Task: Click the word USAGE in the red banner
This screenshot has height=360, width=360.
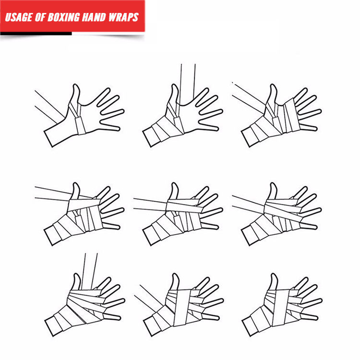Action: point(19,17)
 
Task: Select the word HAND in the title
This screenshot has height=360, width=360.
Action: point(94,17)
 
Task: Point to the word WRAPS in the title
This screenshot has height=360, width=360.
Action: point(123,17)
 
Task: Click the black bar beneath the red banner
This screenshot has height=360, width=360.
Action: point(36,34)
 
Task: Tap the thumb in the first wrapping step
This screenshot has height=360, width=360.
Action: point(76,94)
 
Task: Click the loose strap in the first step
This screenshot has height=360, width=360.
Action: point(49,107)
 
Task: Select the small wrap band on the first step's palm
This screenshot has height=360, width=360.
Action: point(80,125)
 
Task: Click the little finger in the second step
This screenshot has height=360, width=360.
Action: point(208,127)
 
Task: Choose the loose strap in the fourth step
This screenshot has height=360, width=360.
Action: point(52,194)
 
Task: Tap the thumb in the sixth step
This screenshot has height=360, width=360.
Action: point(273,191)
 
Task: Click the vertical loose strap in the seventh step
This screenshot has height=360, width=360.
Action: point(89,271)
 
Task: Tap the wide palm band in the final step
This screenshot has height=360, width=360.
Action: point(281,308)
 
